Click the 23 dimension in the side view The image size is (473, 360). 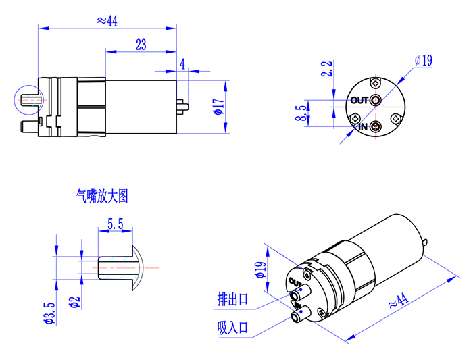click(x=141, y=45)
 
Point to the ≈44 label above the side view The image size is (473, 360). click(x=107, y=21)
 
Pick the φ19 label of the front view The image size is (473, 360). click(x=424, y=61)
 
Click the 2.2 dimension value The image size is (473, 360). click(x=327, y=69)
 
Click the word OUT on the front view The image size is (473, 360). click(x=359, y=101)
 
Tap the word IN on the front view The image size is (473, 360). click(x=363, y=127)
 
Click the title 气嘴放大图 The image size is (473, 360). click(x=102, y=197)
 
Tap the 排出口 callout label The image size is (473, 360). click(x=232, y=299)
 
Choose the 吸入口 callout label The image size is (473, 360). click(x=232, y=328)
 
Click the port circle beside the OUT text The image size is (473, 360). click(x=375, y=101)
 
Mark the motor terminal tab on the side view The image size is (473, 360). click(x=182, y=105)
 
